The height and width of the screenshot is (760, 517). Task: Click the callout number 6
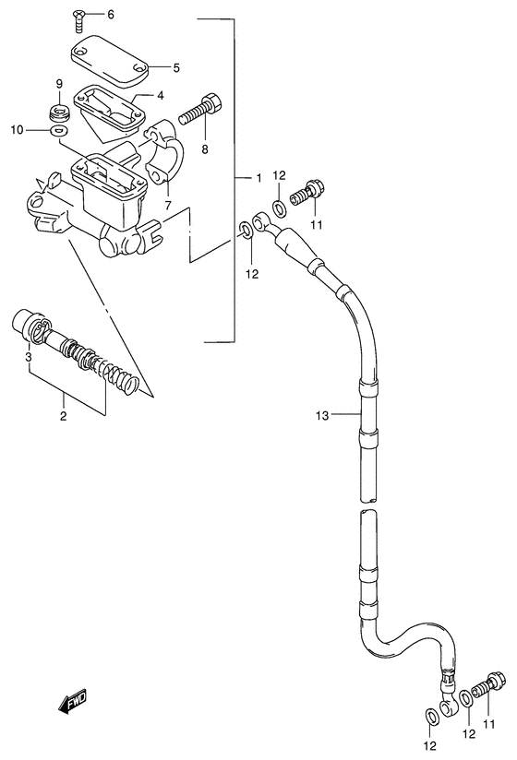[111, 15]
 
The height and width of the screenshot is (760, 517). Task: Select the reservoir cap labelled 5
[111, 61]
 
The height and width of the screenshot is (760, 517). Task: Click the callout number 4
[160, 96]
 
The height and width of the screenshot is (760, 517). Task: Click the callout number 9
[59, 83]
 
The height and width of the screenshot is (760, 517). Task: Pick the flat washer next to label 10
[59, 130]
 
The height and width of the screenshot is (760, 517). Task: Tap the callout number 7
[168, 205]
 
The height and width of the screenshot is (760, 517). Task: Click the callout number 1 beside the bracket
[258, 178]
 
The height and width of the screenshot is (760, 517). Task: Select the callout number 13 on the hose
[322, 415]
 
